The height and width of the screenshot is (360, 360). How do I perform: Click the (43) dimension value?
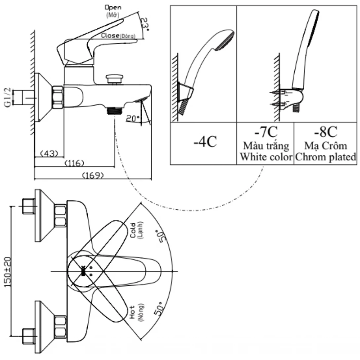[49, 154]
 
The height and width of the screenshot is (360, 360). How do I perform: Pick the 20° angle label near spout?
[133, 119]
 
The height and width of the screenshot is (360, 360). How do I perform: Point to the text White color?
[265, 157]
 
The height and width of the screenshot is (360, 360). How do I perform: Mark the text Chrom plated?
[325, 157]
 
